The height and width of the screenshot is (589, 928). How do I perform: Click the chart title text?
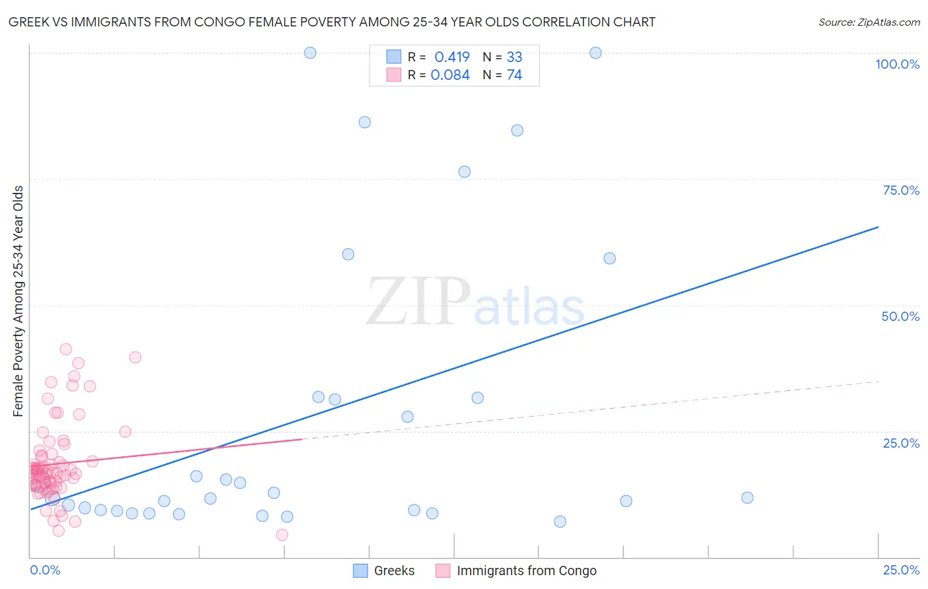pyautogui.click(x=331, y=22)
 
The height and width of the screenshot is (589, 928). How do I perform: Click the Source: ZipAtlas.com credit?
pyautogui.click(x=869, y=22)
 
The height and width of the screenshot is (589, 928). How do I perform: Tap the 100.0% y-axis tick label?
pyautogui.click(x=897, y=64)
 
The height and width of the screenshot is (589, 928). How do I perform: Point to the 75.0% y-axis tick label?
pyautogui.click(x=901, y=190)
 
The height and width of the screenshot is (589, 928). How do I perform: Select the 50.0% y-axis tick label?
pyautogui.click(x=900, y=316)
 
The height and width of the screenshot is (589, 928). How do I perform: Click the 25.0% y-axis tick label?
pyautogui.click(x=901, y=443)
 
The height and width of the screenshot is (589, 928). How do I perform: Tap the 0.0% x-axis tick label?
pyautogui.click(x=45, y=570)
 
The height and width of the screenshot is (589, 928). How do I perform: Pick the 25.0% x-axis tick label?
pyautogui.click(x=901, y=570)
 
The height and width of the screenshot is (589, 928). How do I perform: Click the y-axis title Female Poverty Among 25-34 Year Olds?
pyautogui.click(x=18, y=301)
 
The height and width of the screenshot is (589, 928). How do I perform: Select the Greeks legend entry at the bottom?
pyautogui.click(x=384, y=571)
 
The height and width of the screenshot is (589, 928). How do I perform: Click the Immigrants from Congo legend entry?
pyautogui.click(x=516, y=571)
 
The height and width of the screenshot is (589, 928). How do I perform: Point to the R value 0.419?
pyautogui.click(x=452, y=57)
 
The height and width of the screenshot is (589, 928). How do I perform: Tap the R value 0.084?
pyautogui.click(x=450, y=75)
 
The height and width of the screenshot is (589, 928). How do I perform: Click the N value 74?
pyautogui.click(x=514, y=75)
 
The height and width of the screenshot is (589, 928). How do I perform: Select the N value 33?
pyautogui.click(x=514, y=57)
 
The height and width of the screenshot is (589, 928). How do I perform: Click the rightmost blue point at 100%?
pyautogui.click(x=595, y=53)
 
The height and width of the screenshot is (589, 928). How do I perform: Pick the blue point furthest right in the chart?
pyautogui.click(x=747, y=498)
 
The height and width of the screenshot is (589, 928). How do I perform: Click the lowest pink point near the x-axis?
pyautogui.click(x=282, y=535)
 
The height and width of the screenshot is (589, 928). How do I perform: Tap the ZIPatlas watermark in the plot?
pyautogui.click(x=475, y=302)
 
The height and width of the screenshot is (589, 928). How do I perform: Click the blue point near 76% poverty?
pyautogui.click(x=465, y=172)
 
